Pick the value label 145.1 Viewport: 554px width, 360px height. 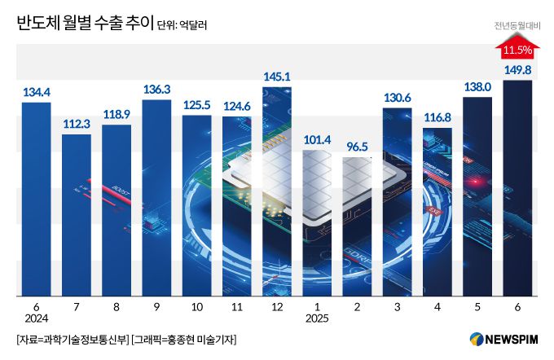(x=277, y=77)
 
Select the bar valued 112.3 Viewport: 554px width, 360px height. (x=77, y=216)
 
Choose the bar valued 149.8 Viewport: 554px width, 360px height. (x=517, y=187)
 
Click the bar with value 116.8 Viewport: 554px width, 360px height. (x=437, y=212)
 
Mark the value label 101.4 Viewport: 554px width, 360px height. (x=317, y=139)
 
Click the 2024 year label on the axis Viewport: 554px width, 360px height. (x=37, y=318)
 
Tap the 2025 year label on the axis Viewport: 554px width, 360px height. (x=317, y=318)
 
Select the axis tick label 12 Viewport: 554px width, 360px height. (x=277, y=307)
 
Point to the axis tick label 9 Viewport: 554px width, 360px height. (x=156, y=307)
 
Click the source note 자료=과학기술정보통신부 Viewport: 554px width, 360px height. (x=72, y=339)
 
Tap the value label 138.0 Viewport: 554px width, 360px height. (x=477, y=86)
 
